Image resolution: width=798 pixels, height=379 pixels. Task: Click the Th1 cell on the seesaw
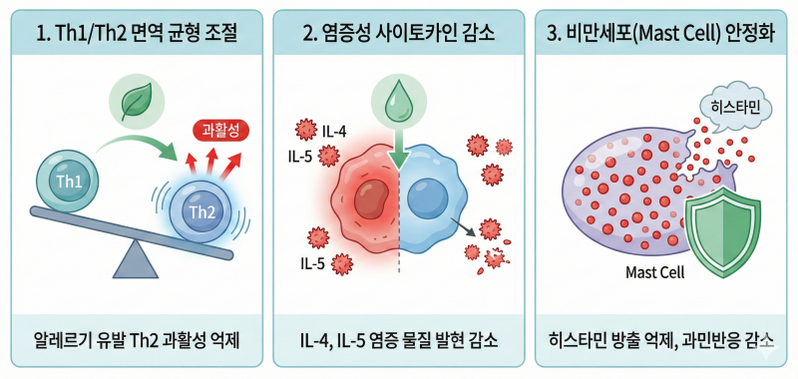pyautogui.click(x=68, y=182)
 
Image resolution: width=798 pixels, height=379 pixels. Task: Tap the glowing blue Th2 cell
pyautogui.click(x=202, y=211)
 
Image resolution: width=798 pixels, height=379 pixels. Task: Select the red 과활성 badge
pyautogui.click(x=221, y=131)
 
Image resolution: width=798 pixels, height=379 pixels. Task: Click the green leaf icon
pyautogui.click(x=137, y=101)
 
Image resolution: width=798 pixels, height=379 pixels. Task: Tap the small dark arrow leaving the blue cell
pyautogui.click(x=463, y=227)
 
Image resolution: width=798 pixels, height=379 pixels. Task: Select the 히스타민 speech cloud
pyautogui.click(x=735, y=111)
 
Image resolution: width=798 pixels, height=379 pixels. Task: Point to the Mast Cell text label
pyautogui.click(x=655, y=272)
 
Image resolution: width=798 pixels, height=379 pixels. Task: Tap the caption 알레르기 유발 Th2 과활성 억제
pyautogui.click(x=136, y=340)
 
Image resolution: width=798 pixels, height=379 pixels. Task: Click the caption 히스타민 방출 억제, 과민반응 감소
pyautogui.click(x=661, y=340)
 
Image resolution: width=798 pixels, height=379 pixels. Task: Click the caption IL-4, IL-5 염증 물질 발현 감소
pyautogui.click(x=398, y=340)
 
